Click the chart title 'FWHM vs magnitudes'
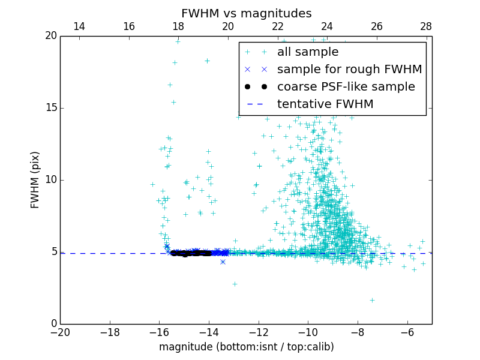(246, 13)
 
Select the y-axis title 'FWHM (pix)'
(35, 179)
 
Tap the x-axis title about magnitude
(246, 347)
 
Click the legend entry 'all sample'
(307, 52)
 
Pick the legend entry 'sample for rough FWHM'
(349, 70)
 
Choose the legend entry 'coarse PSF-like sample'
(346, 87)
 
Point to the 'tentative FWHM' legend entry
(325, 104)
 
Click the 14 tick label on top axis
(79, 26)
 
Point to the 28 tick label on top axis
(426, 26)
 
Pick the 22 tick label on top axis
(277, 26)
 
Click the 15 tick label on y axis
(50, 108)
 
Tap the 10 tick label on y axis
(50, 180)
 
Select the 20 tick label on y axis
(50, 36)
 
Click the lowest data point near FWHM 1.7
(372, 300)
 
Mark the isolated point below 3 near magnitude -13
(235, 284)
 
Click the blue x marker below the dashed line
(223, 262)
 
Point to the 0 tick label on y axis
(53, 324)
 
